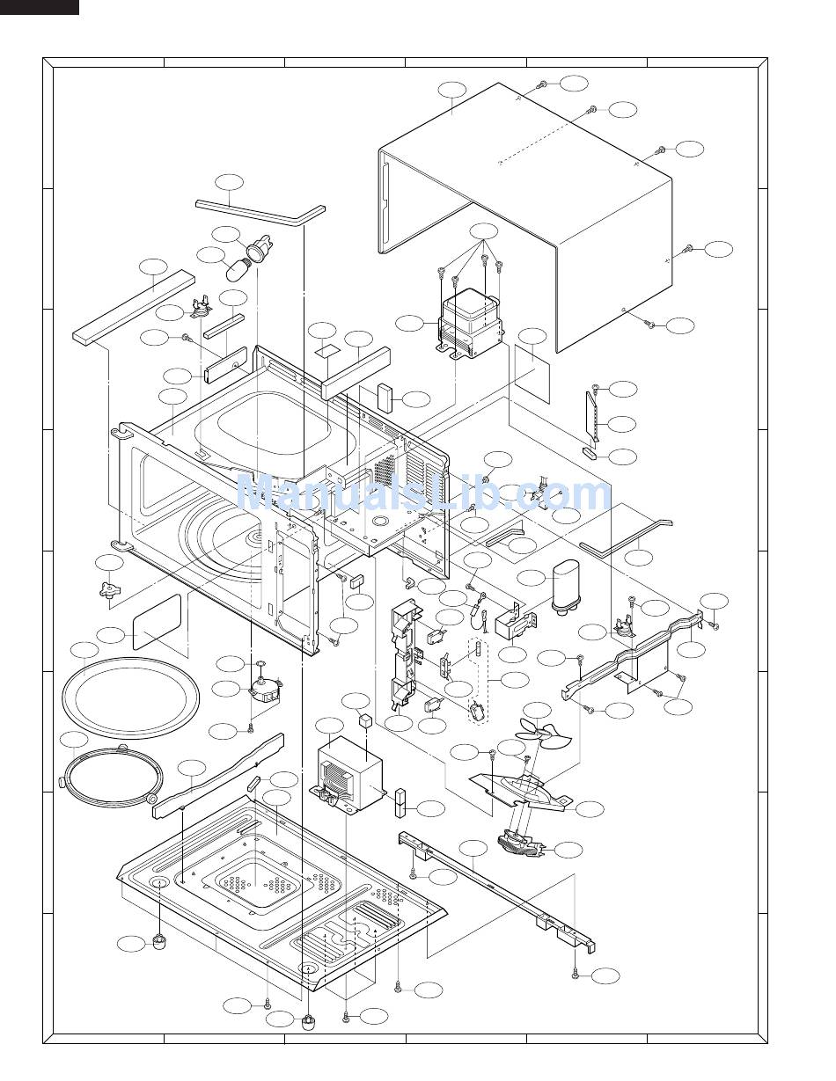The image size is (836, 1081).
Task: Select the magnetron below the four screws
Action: tap(471, 322)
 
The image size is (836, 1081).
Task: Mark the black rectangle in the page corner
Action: tap(40, 7)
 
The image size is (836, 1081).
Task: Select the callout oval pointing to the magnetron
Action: tap(409, 323)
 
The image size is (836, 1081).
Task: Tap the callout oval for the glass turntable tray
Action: tap(84, 650)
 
